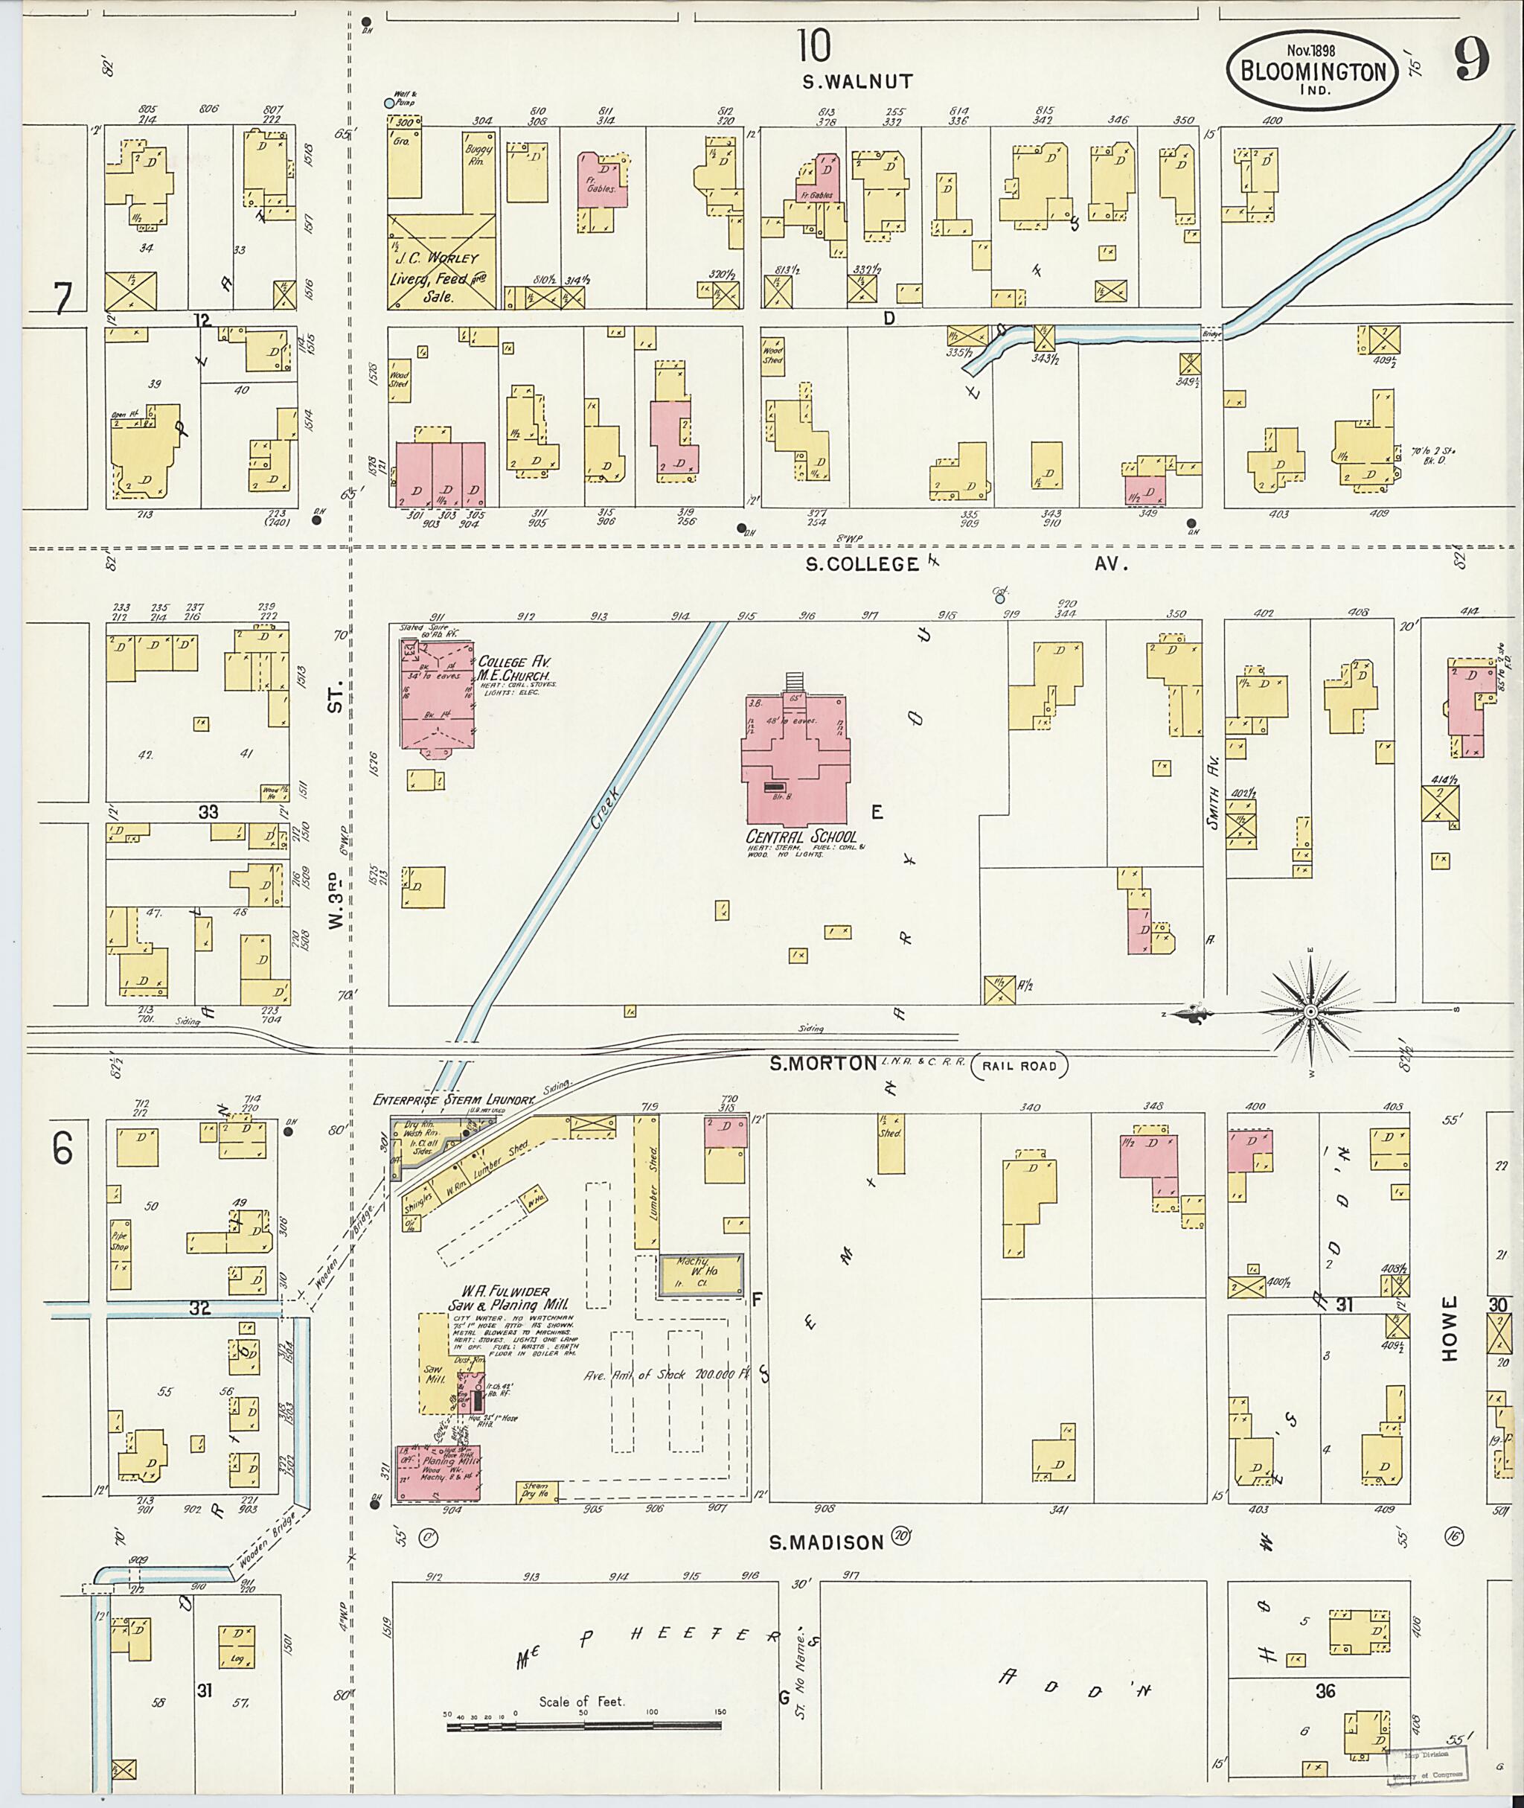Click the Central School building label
point(801,837)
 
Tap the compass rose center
point(1310,1011)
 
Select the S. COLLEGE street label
point(862,564)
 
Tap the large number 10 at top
point(814,46)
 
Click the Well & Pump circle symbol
point(388,103)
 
